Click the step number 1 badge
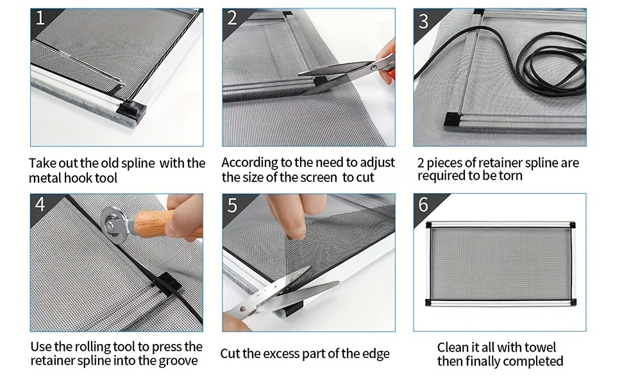pyautogui.click(x=40, y=19)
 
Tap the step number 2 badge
pyautogui.click(x=232, y=19)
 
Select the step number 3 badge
pyautogui.click(x=423, y=21)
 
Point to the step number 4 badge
pyautogui.click(x=40, y=205)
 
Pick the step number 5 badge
pyautogui.click(x=232, y=205)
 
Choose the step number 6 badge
pyautogui.click(x=423, y=205)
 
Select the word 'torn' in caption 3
pyautogui.click(x=510, y=176)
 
